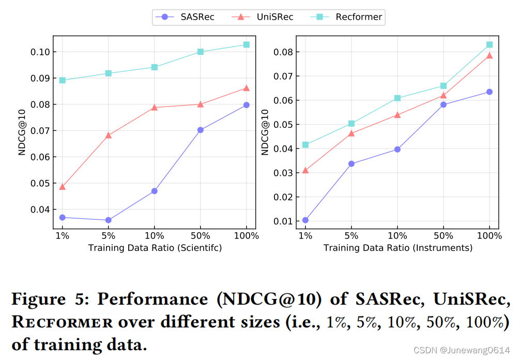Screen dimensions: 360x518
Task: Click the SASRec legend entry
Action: click(x=185, y=17)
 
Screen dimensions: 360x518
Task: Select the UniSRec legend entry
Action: click(x=263, y=17)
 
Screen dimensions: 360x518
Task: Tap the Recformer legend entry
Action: click(x=346, y=17)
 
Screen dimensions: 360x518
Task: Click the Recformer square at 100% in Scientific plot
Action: click(x=246, y=44)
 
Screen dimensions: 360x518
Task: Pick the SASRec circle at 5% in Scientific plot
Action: click(x=109, y=220)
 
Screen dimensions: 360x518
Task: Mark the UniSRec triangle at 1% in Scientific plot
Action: click(x=63, y=187)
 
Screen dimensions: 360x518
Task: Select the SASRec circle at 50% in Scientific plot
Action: click(x=201, y=130)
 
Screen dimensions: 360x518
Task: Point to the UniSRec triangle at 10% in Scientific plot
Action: click(x=155, y=108)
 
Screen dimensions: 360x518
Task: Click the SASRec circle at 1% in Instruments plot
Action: click(x=306, y=220)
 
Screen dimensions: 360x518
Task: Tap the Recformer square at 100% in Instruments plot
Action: click(x=489, y=45)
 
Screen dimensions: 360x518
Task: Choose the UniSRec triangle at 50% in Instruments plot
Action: click(x=443, y=95)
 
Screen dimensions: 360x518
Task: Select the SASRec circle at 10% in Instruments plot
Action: click(x=398, y=149)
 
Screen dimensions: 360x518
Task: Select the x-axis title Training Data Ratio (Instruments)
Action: click(x=398, y=248)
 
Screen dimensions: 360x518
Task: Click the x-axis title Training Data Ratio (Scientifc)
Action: click(x=155, y=248)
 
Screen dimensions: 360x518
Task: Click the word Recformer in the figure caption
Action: click(x=62, y=323)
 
